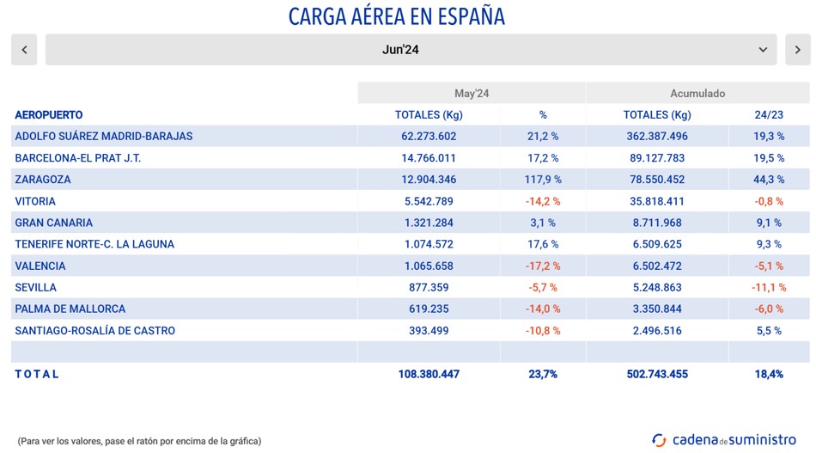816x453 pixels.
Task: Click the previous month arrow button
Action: pyautogui.click(x=24, y=50)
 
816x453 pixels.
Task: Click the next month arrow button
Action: pyautogui.click(x=797, y=50)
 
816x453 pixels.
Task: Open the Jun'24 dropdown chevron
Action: pyautogui.click(x=763, y=50)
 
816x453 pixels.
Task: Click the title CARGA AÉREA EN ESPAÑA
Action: pyautogui.click(x=396, y=16)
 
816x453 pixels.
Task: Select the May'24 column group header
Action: pyautogui.click(x=472, y=93)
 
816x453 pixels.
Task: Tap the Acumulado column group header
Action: pyautogui.click(x=697, y=93)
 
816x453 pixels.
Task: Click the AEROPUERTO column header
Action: pyautogui.click(x=49, y=115)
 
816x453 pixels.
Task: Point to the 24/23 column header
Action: pyautogui.click(x=768, y=115)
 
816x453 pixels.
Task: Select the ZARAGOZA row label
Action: pyautogui.click(x=43, y=180)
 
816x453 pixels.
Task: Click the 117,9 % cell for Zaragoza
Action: pyautogui.click(x=543, y=180)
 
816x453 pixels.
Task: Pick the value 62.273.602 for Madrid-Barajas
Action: pyautogui.click(x=429, y=137)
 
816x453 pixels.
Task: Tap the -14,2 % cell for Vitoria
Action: pyautogui.click(x=543, y=201)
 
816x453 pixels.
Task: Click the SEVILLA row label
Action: pyautogui.click(x=36, y=288)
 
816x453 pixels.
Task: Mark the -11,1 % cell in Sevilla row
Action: pyautogui.click(x=768, y=288)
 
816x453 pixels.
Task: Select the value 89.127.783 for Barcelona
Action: pyautogui.click(x=657, y=158)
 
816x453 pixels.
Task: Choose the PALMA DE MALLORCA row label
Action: pyautogui.click(x=70, y=309)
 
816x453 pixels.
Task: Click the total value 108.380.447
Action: pyautogui.click(x=429, y=374)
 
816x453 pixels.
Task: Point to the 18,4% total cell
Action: pyautogui.click(x=768, y=374)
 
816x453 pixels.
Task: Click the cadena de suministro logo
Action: pyautogui.click(x=724, y=439)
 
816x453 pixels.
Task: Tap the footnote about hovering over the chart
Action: pyautogui.click(x=139, y=441)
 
